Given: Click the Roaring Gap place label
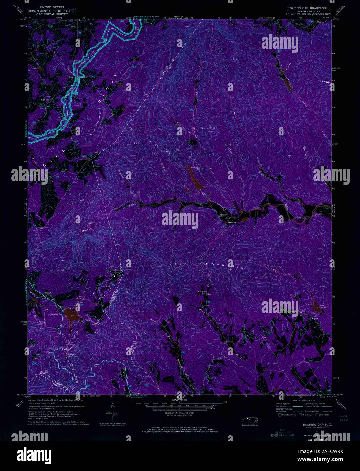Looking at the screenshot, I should [x=56, y=315].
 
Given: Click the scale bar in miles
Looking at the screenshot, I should [x=180, y=403].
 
